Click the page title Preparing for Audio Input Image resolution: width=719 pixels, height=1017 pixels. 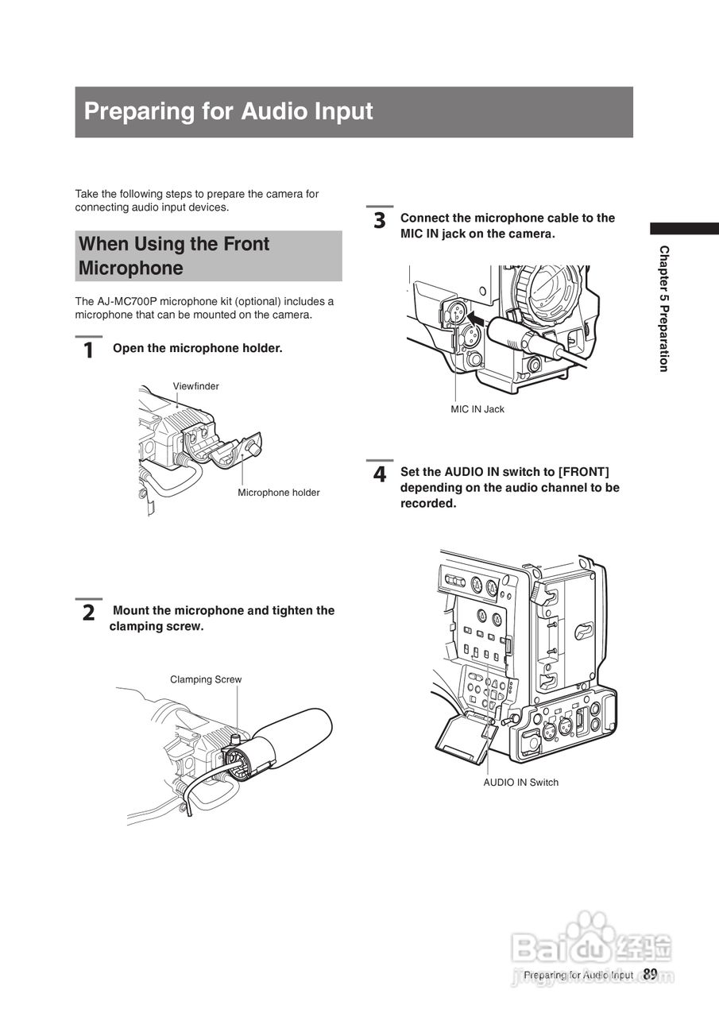point(228,111)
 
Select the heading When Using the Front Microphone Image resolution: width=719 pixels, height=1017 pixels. point(175,256)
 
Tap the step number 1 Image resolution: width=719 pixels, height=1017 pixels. point(88,350)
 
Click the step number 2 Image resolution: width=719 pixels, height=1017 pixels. point(88,613)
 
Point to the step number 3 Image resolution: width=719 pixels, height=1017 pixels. point(380,220)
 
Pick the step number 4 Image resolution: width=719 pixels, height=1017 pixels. point(380,474)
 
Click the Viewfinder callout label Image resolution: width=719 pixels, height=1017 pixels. point(195,386)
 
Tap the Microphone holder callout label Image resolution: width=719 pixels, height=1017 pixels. point(278,493)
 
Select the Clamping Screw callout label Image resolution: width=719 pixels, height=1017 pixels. point(205,679)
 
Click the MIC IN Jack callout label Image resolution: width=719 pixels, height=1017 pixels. point(477,409)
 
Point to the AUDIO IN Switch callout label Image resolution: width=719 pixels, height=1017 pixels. point(520,783)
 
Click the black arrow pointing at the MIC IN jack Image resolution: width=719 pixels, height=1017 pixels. point(476,319)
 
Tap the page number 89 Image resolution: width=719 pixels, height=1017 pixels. point(650,974)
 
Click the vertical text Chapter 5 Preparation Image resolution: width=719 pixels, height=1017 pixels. point(663,308)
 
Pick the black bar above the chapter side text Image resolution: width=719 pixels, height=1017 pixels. point(683,228)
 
